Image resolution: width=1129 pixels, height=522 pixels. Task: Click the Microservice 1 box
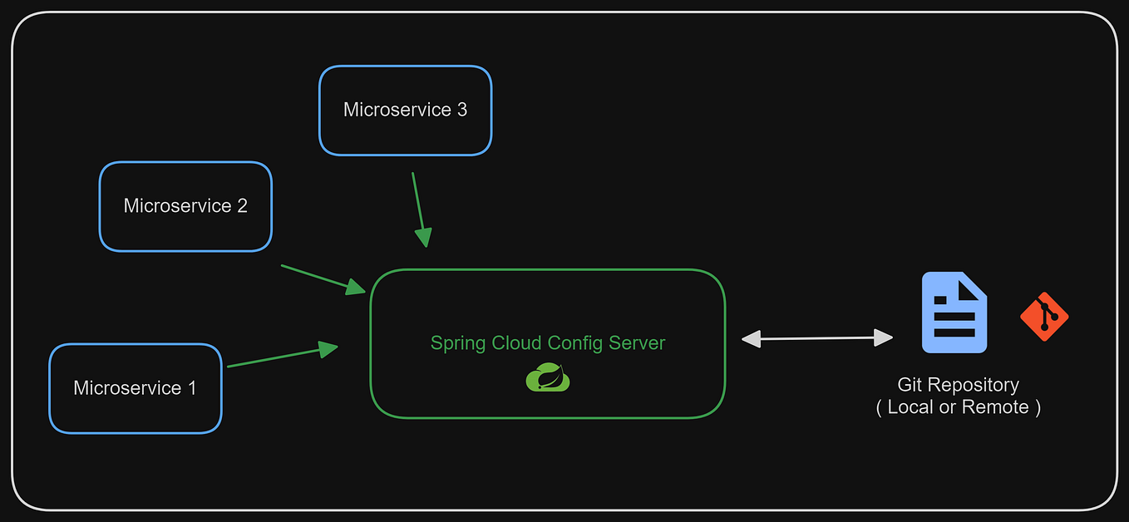[136, 388]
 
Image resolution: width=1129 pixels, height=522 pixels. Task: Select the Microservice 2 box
[185, 206]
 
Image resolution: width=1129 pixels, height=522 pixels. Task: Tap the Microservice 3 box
[405, 110]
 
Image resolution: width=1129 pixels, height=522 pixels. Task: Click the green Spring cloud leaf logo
[548, 377]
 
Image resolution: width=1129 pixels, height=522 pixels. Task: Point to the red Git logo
[1044, 317]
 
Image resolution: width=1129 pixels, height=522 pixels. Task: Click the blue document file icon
[954, 313]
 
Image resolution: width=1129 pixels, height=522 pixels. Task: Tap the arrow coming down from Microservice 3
[419, 209]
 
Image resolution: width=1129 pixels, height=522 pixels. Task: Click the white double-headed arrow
[817, 338]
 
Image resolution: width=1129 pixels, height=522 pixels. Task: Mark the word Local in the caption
[910, 407]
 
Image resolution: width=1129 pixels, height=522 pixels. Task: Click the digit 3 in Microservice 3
[461, 110]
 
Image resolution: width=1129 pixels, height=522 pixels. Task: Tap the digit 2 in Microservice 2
[242, 206]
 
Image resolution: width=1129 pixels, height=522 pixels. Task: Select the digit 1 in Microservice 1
[192, 388]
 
